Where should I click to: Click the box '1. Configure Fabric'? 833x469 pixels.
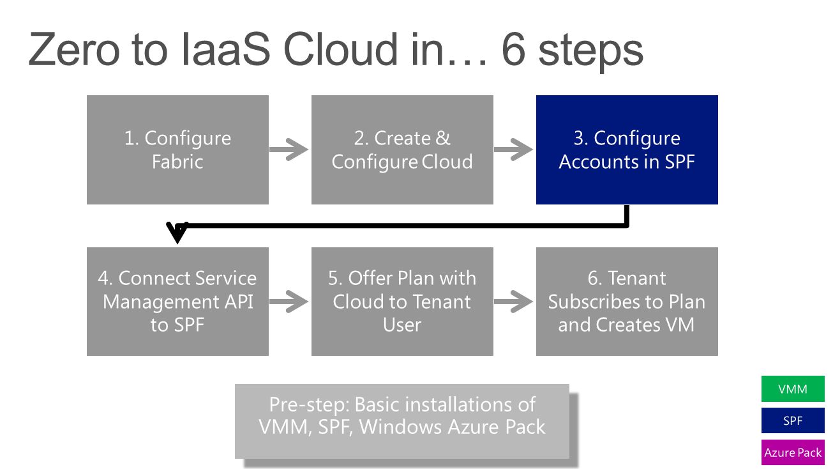point(177,150)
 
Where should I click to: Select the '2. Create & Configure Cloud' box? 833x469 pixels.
point(402,150)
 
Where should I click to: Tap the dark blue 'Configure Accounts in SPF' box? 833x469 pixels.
point(627,150)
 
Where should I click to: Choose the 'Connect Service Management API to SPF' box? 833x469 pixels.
point(177,302)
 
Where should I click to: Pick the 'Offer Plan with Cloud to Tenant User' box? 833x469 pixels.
point(402,302)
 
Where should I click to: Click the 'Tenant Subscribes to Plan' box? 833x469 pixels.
point(627,302)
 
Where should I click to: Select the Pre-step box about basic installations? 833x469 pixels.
point(402,421)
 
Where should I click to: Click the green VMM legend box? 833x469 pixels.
point(793,389)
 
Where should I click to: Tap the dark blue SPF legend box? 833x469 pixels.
point(793,420)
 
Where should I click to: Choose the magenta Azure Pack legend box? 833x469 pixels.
point(793,452)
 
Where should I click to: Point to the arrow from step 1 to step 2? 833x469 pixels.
point(289,150)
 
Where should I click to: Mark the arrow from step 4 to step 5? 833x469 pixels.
point(289,302)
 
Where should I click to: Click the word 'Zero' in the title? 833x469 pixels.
point(73,49)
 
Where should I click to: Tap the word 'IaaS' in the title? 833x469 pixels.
point(226,49)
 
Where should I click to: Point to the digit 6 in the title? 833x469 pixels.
point(513,49)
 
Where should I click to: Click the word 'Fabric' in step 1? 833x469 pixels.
point(177,162)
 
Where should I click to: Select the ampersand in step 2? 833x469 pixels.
point(442,138)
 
